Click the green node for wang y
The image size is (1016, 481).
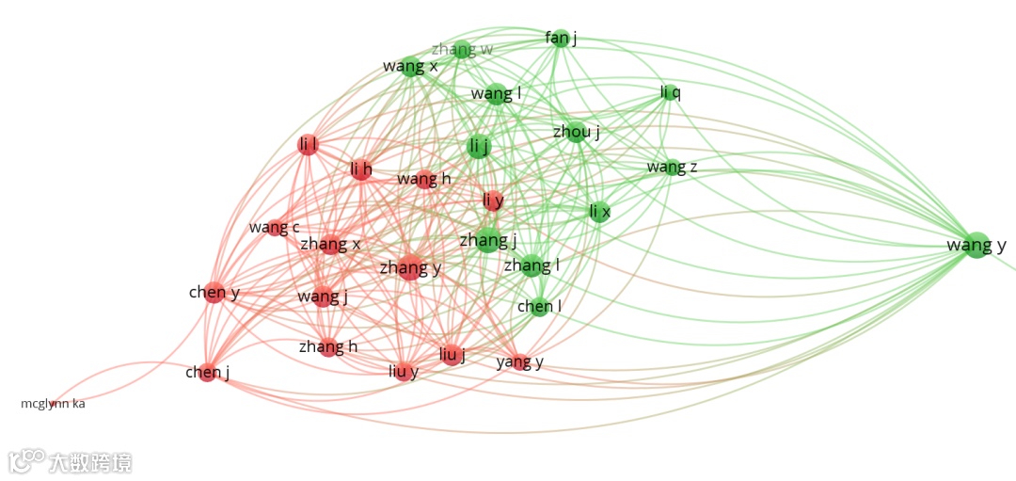(976, 245)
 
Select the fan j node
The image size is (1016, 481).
(561, 39)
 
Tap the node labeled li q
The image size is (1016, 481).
(670, 92)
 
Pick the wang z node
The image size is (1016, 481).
(672, 168)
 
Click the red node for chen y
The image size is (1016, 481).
(214, 292)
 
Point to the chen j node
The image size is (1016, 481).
(208, 372)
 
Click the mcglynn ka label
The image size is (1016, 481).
(53, 404)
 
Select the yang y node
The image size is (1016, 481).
(520, 361)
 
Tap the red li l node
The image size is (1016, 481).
(308, 145)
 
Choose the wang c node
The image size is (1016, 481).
(275, 227)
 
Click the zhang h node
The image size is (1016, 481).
(328, 346)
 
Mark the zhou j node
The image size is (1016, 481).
(577, 132)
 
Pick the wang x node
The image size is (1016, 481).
(410, 66)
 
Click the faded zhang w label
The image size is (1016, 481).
(462, 49)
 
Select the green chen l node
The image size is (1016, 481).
(539, 306)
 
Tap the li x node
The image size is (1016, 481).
(599, 212)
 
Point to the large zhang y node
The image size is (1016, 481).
(410, 267)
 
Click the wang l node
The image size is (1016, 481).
(497, 93)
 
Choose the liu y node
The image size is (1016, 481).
(404, 371)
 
